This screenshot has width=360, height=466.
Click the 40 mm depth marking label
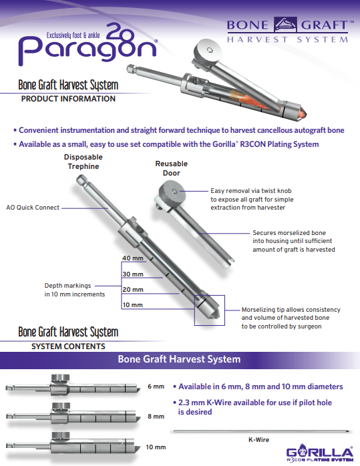click(132, 258)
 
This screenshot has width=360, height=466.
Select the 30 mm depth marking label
click(132, 274)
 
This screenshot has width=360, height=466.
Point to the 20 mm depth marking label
click(132, 289)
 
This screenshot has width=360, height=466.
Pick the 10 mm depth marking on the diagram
click(132, 304)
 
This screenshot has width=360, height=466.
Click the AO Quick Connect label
click(32, 208)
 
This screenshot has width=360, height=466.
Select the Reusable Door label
click(171, 168)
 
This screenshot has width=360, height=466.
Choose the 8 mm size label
click(155, 417)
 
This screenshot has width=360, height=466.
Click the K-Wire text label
click(258, 440)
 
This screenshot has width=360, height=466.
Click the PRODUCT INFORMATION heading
click(68, 99)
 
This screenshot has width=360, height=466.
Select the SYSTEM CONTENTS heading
click(68, 346)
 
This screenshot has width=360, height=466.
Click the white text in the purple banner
click(179, 359)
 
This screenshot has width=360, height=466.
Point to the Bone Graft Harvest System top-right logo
click(288, 30)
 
